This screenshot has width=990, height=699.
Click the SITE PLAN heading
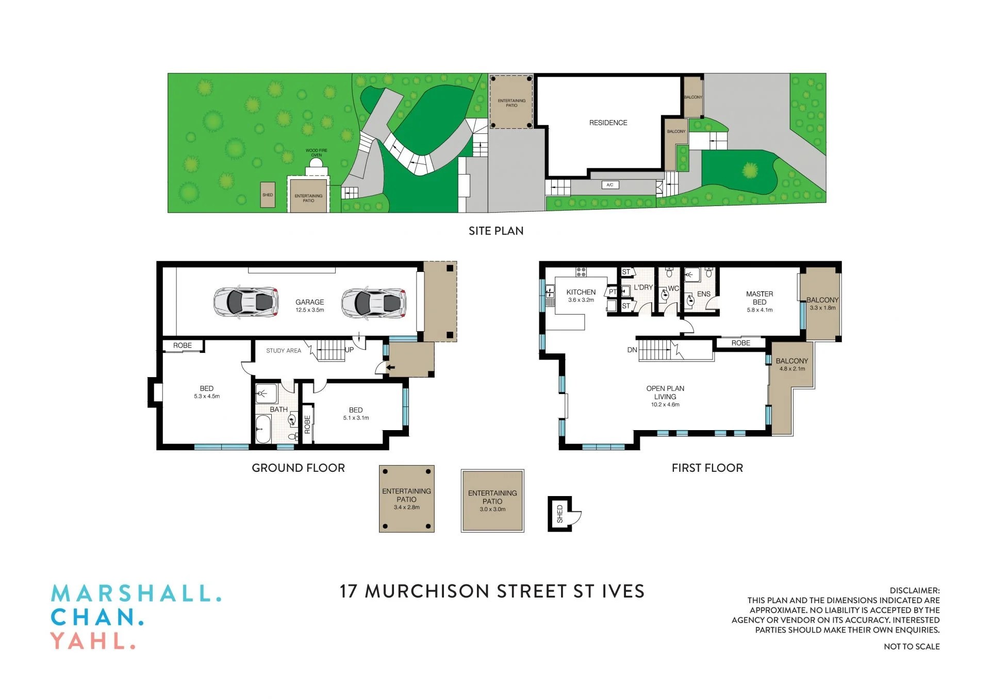[x=496, y=231]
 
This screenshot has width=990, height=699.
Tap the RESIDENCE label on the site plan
[x=608, y=123]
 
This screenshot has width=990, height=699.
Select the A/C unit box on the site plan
[x=609, y=184]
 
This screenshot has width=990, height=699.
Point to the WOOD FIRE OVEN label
[x=316, y=152]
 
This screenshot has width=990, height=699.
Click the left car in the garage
[x=246, y=302]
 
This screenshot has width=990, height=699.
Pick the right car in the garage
[x=374, y=302]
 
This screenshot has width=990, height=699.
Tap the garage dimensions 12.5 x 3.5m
[x=309, y=310]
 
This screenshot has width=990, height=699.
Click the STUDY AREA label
[x=283, y=351]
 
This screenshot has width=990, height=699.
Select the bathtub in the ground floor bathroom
[x=263, y=429]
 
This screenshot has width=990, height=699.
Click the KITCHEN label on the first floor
[x=581, y=292]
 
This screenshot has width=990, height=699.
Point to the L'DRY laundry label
[x=643, y=287]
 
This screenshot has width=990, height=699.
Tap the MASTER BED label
[x=759, y=298]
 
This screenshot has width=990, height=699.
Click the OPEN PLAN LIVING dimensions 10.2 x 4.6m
[x=665, y=405]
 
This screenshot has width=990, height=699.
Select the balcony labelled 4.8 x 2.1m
[x=791, y=365]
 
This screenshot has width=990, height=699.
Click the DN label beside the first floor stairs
[x=632, y=350]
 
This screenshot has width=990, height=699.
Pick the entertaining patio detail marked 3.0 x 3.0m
[x=492, y=501]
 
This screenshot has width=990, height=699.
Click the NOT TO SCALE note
[x=911, y=646]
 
